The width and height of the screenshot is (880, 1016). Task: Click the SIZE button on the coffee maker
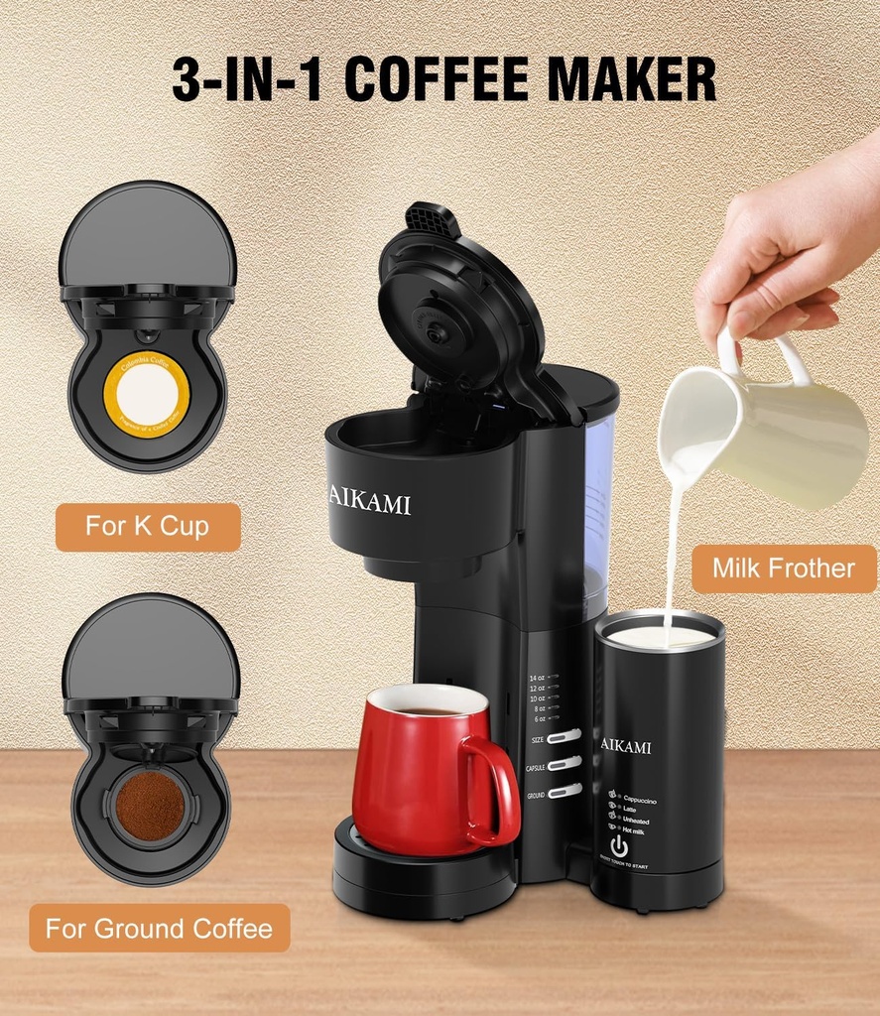(564, 737)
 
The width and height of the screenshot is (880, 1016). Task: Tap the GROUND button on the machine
(564, 791)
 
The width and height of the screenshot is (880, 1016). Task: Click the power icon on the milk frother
(619, 846)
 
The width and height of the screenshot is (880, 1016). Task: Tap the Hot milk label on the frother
(632, 830)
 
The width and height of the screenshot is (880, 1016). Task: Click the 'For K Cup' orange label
(147, 526)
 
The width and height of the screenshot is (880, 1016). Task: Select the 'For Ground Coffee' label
(159, 929)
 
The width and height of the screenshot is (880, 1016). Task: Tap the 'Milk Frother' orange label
(783, 569)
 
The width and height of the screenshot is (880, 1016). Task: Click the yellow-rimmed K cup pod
(146, 394)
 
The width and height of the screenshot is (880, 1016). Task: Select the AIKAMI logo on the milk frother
(626, 745)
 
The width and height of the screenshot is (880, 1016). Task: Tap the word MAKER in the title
(632, 80)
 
